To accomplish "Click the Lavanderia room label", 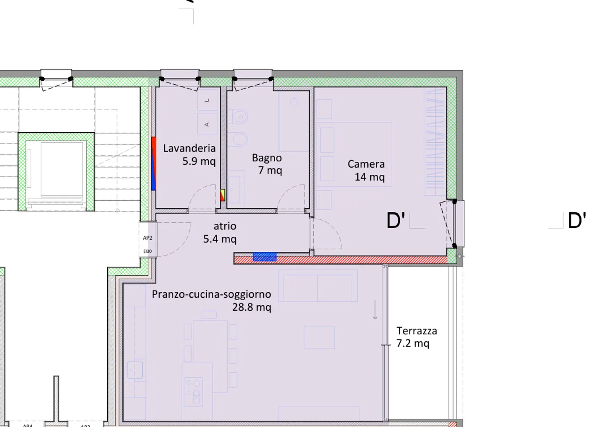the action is [x=189, y=148].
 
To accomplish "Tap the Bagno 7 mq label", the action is [x=267, y=164].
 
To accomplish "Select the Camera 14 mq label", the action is [x=366, y=170].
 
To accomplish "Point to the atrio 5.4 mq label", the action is [x=220, y=232].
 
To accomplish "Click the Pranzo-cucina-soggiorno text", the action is [x=212, y=294].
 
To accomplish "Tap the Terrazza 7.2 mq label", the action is [x=417, y=337].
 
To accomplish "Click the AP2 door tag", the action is [x=148, y=238].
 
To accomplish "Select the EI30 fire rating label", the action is [x=147, y=251].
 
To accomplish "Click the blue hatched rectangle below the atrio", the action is [x=265, y=257].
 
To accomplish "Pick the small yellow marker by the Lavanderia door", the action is [x=223, y=194].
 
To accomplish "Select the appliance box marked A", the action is [x=207, y=124].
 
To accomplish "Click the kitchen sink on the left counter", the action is [x=135, y=370].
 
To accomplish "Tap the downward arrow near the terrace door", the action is [x=375, y=310].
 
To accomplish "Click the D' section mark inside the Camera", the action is [x=396, y=220].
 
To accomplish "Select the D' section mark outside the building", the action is [x=577, y=220].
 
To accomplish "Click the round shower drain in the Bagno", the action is [x=294, y=102].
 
